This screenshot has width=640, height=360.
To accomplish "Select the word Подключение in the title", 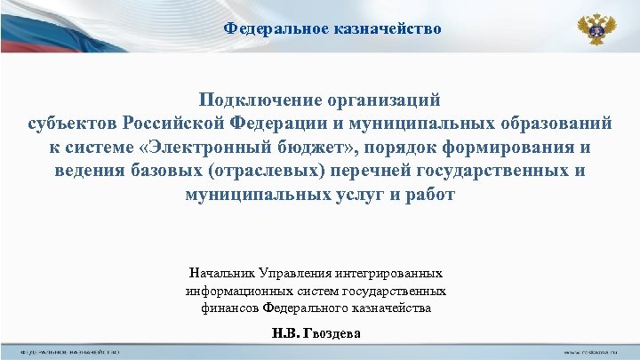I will pyautogui.click(x=257, y=100).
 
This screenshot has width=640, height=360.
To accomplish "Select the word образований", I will pyautogui.click(x=549, y=124).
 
